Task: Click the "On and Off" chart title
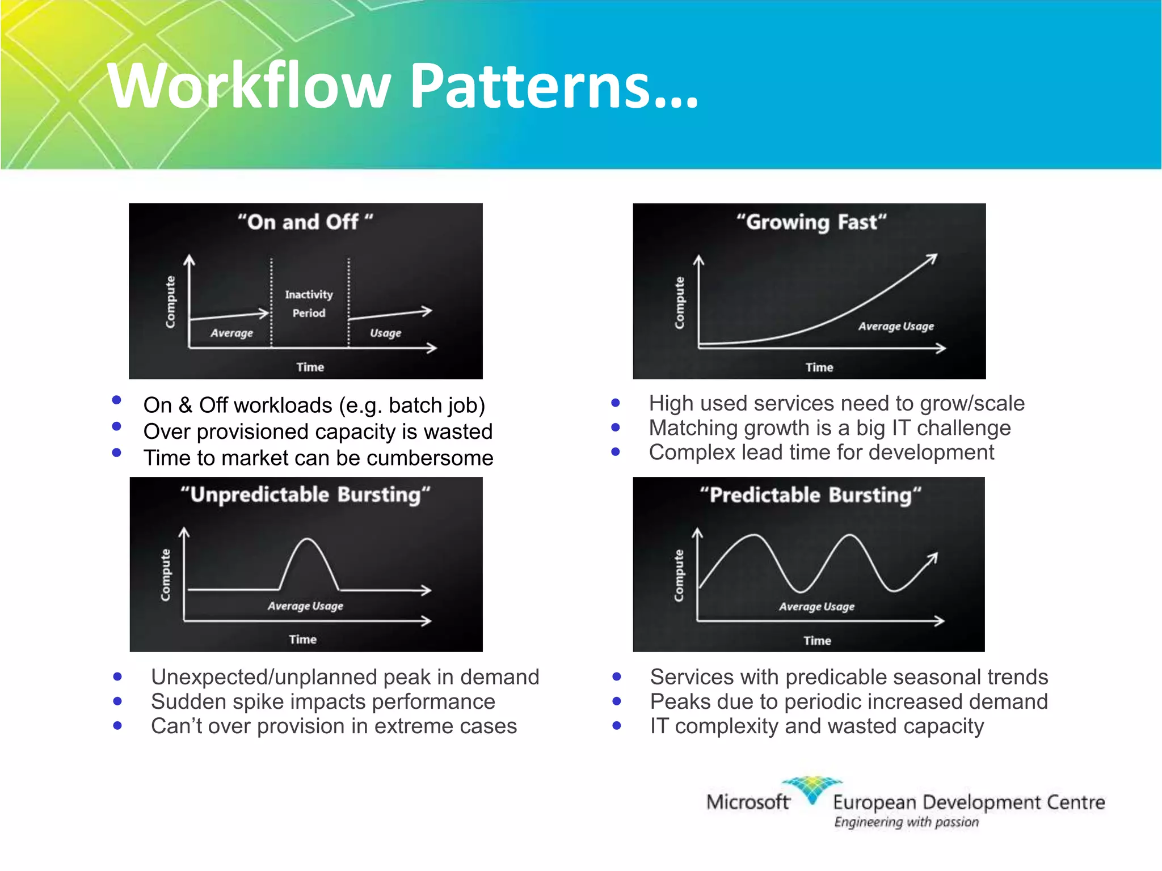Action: (x=305, y=222)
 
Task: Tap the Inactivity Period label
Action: (x=309, y=303)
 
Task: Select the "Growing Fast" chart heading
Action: (x=811, y=222)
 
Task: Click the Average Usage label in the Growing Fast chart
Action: (x=895, y=326)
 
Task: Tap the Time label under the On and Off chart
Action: (x=310, y=367)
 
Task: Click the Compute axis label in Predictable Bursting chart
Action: (x=679, y=575)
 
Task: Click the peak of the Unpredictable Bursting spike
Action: (x=308, y=539)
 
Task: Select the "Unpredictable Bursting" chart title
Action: (x=305, y=494)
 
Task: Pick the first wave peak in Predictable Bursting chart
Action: (x=753, y=535)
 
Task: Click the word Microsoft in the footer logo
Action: (x=747, y=802)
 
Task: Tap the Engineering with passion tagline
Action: (x=906, y=822)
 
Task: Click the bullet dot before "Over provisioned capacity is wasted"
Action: (x=117, y=426)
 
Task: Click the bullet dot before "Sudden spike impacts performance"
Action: (x=117, y=701)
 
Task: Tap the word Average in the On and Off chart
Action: (x=231, y=333)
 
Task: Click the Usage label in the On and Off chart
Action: (x=385, y=333)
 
